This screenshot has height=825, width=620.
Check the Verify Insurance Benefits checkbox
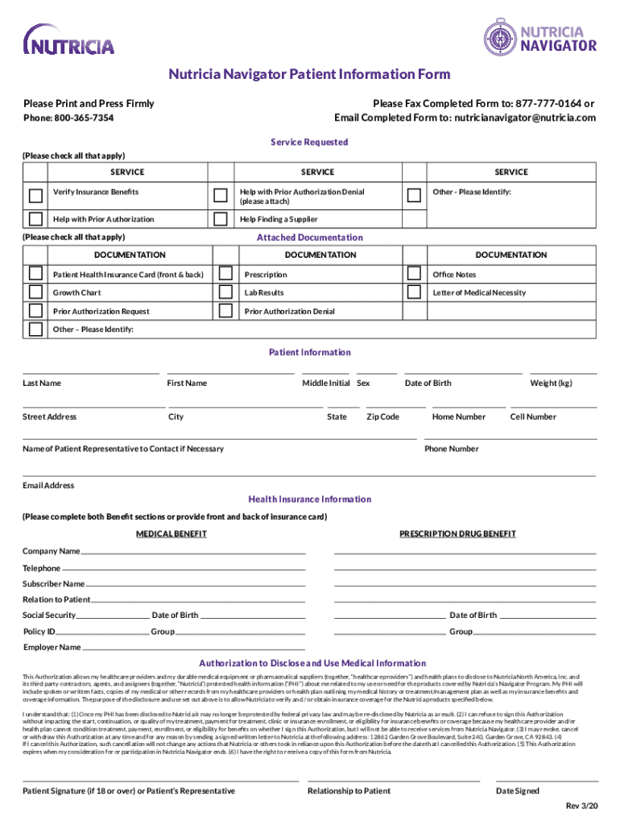(35, 195)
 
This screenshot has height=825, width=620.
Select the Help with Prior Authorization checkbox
(35, 219)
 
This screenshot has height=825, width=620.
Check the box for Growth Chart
(35, 292)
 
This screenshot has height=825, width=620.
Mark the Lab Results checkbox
(226, 292)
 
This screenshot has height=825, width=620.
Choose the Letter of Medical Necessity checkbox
(415, 292)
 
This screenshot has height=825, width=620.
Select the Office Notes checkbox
(415, 274)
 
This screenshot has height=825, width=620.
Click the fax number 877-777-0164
(549, 103)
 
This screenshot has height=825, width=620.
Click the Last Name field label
(42, 383)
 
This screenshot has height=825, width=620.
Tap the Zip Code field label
(382, 417)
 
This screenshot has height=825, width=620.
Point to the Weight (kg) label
(550, 383)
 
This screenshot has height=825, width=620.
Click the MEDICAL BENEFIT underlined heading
(171, 534)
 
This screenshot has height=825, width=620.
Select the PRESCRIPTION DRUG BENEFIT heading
(457, 534)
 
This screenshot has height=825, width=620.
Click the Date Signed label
(517, 791)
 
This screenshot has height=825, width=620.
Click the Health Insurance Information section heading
(309, 500)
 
